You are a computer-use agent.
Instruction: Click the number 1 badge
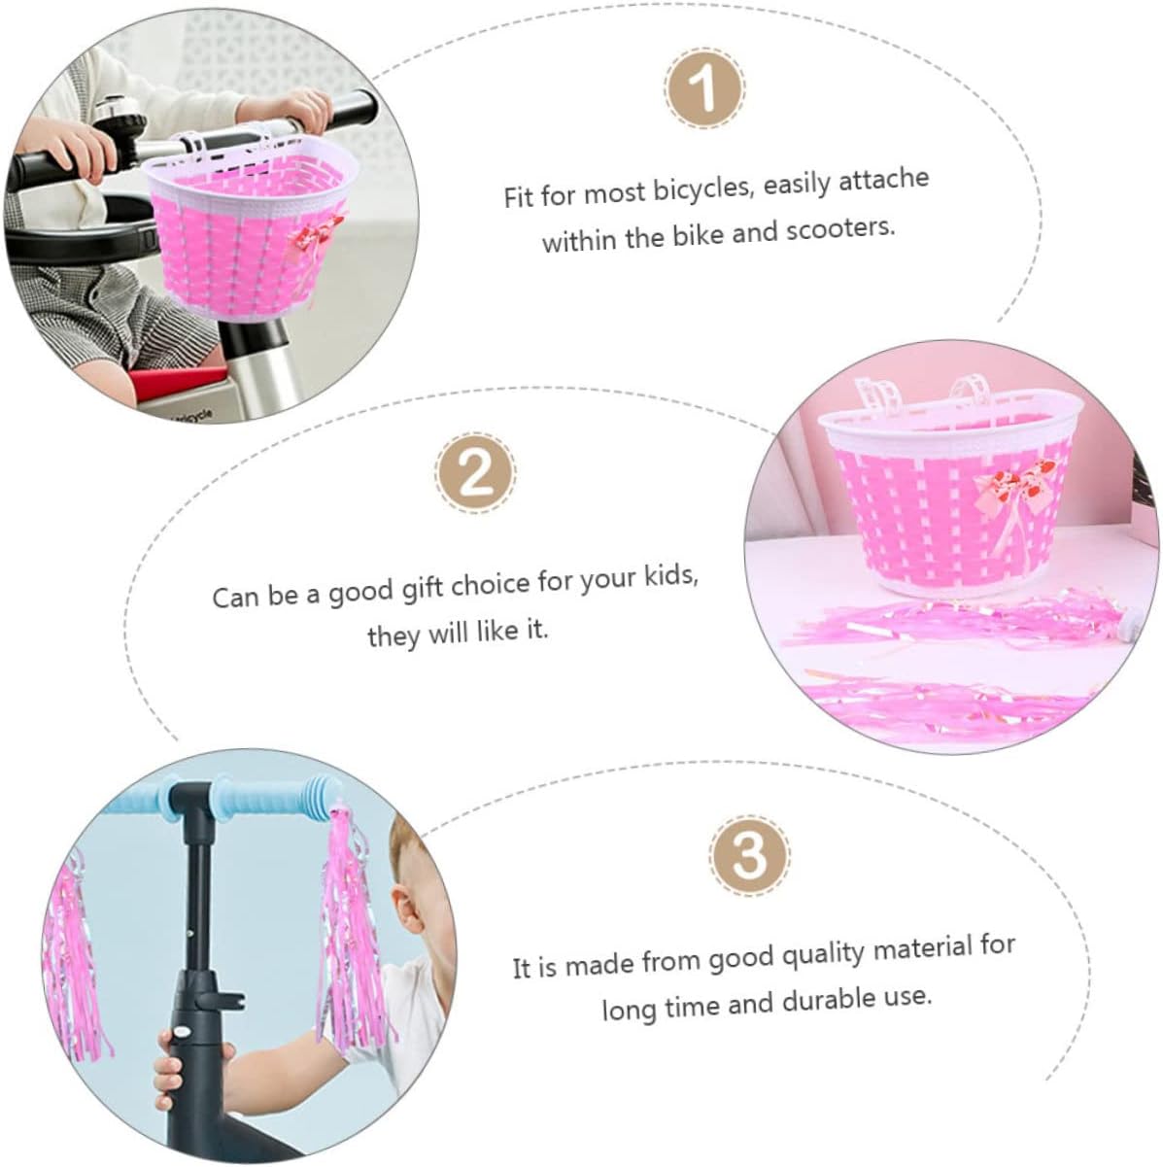tap(705, 90)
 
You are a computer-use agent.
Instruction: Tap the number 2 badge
tap(477, 474)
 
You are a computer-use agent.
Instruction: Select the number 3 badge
tap(750, 855)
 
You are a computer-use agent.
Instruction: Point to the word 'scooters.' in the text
tap(840, 228)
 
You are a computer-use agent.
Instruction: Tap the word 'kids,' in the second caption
tap(670, 573)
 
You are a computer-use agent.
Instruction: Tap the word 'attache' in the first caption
tap(884, 179)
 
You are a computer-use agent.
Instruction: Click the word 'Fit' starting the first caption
tap(519, 197)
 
